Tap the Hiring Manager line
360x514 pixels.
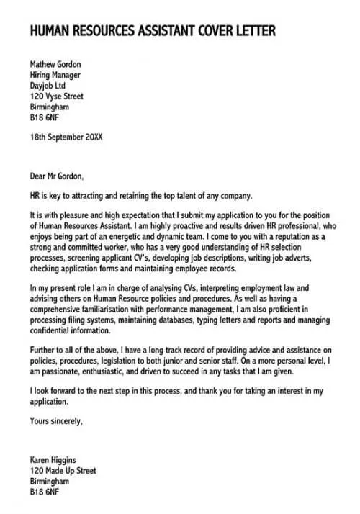point(55,75)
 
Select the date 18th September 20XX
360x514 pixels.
point(66,136)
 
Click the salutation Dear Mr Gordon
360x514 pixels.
point(57,176)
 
